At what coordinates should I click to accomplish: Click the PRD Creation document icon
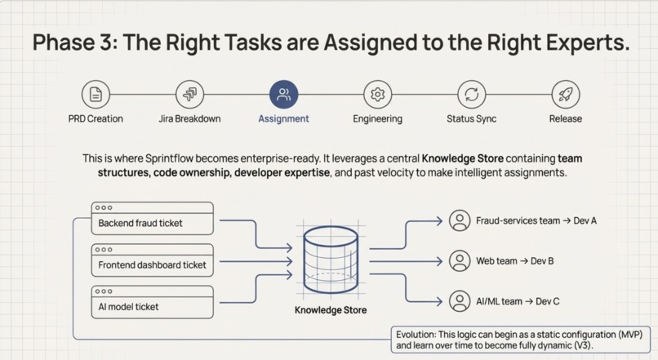pos(96,95)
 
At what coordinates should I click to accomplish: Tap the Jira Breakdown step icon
pos(189,95)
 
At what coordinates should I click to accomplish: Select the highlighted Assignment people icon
pos(283,95)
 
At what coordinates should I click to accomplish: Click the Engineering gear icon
pos(378,95)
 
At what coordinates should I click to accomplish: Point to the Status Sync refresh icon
pos(472,95)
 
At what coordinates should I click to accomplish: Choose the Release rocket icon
pos(566,95)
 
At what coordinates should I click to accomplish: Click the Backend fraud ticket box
pos(153,218)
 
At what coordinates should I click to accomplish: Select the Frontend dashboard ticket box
pos(153,260)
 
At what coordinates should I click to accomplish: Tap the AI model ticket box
pos(153,302)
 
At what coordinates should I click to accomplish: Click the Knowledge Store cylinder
pos(331,260)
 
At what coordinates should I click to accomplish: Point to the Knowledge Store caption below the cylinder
pos(331,310)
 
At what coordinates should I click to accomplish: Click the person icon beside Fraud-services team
pos(460,220)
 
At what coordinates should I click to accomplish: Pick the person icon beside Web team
pos(460,261)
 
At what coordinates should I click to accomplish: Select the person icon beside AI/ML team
pos(460,301)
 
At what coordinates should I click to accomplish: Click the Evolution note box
pos(521,340)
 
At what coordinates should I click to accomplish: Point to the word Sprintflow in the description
pos(169,158)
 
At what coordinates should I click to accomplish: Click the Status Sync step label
pos(472,118)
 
